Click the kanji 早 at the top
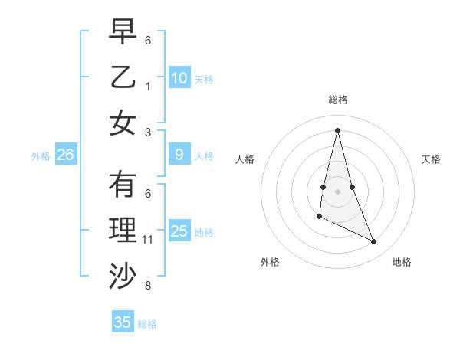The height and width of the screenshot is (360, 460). [123, 31]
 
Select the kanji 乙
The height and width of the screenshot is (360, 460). [123, 77]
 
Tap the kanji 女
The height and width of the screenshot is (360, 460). [123, 123]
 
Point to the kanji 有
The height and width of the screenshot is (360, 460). [123, 185]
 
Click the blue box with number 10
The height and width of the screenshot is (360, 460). [179, 77]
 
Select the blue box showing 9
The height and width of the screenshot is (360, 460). [179, 155]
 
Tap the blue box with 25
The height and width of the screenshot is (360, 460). [179, 231]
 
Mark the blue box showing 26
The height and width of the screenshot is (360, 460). [65, 155]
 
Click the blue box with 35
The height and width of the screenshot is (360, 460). [123, 322]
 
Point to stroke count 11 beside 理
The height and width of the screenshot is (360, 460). [148, 240]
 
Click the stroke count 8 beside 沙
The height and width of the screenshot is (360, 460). [148, 286]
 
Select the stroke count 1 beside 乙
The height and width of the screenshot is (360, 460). [148, 86]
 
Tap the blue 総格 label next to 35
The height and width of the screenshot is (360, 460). [147, 323]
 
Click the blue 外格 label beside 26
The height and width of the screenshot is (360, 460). [41, 155]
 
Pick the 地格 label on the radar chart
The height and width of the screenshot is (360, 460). [402, 262]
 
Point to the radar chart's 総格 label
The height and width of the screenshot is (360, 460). [337, 100]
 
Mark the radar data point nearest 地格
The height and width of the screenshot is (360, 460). [374, 242]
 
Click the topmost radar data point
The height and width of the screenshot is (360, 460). [337, 129]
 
